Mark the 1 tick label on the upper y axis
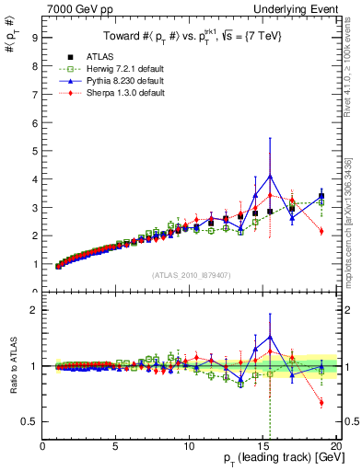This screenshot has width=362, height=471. pyautogui.click(x=35, y=265)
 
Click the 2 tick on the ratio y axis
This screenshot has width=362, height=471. pyautogui.click(x=35, y=310)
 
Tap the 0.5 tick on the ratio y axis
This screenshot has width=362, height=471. pyautogui.click(x=30, y=421)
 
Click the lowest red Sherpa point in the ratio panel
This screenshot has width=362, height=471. pyautogui.click(x=321, y=402)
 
